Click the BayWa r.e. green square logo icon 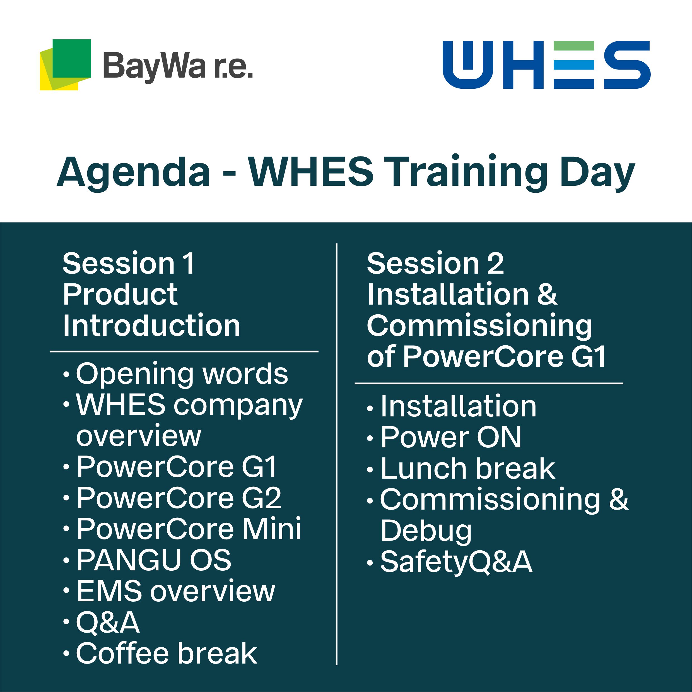pos(65,65)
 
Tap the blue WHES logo pos(546,65)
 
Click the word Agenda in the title pos(133,173)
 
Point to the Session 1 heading pos(129,263)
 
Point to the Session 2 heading pos(435,263)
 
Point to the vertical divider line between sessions pos(337,454)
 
